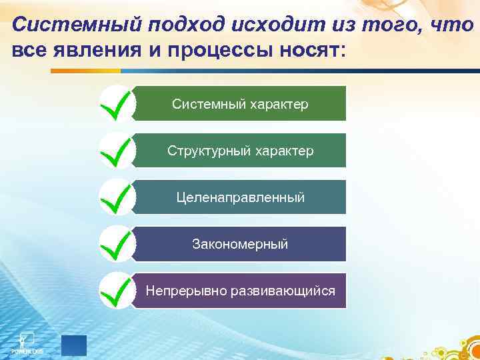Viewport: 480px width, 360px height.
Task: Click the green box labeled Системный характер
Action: coord(240,104)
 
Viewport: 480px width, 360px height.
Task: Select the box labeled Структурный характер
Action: coord(240,151)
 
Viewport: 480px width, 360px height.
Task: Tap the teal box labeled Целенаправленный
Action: coord(240,197)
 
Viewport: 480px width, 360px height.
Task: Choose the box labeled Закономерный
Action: coord(240,244)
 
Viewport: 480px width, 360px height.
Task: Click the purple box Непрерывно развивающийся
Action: coord(240,291)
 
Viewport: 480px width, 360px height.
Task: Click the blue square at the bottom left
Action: coord(74,345)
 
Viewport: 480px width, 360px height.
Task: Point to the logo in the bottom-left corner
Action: coord(27,341)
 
